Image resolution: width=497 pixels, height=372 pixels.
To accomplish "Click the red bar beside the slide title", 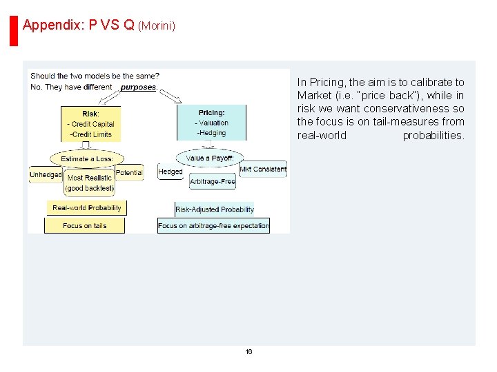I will (13, 30).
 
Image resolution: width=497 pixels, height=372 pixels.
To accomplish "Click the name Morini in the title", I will (157, 26).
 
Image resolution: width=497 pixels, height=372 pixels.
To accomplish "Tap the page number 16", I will (248, 352).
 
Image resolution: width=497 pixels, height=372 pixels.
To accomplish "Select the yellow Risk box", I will (91, 124).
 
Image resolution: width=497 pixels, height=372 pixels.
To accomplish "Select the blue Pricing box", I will (211, 123).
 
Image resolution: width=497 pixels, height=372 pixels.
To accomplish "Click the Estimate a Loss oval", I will (87, 158).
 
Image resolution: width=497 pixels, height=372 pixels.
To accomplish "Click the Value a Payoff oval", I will (210, 158).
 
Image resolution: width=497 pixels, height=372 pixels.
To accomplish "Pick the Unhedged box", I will (46, 175).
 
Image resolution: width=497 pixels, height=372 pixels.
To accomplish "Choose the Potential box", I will (129, 172).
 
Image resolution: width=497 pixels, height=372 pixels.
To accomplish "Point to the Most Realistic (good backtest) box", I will (90, 183).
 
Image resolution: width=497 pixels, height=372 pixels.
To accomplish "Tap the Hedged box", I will (170, 172).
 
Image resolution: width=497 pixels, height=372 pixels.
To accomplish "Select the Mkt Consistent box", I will (263, 169).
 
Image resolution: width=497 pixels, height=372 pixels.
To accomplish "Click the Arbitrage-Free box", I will (213, 182).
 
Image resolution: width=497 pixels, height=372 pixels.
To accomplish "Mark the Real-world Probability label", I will (87, 207).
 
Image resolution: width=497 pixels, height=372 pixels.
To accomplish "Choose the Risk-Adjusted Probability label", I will (215, 209).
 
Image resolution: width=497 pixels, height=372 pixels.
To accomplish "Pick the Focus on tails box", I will (84, 225).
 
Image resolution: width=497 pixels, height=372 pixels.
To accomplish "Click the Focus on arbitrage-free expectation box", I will (213, 225).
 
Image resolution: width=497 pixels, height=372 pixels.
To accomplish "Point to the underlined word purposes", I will (138, 87).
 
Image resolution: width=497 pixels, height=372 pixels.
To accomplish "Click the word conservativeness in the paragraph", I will (403, 109).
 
